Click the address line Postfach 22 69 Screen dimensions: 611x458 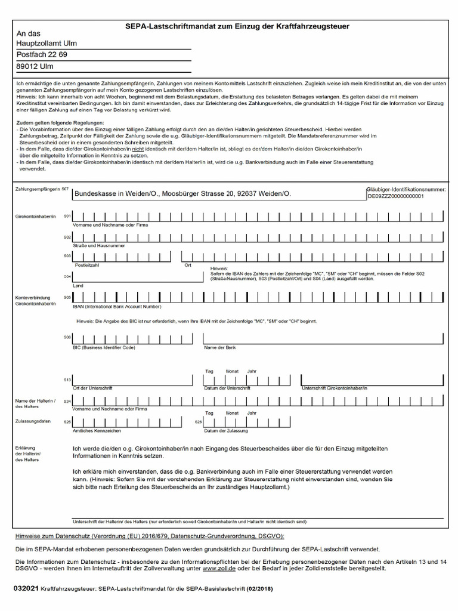[x=42, y=55]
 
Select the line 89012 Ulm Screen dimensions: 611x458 [x=35, y=67]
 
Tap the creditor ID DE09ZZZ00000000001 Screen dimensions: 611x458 [x=395, y=196]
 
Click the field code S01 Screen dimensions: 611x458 [x=67, y=215]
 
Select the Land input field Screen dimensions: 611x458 [x=137, y=276]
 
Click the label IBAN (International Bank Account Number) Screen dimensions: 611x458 [x=117, y=307]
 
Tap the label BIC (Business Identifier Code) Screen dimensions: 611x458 [x=104, y=347]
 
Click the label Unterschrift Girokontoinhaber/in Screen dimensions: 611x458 [x=335, y=388]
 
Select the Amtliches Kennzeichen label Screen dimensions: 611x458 [x=97, y=430]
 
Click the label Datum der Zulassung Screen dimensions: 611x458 [x=226, y=430]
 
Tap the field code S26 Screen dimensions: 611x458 [x=199, y=422]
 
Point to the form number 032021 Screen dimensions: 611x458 [x=26, y=588]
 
